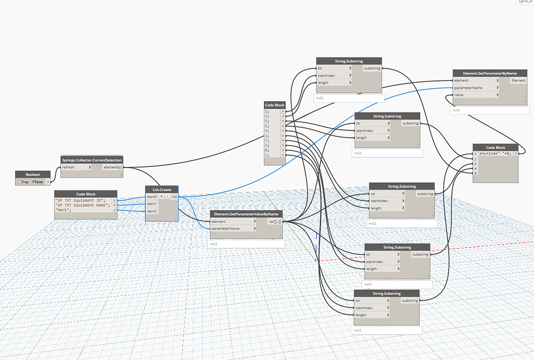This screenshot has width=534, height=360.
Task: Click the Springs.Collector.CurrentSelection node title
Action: (92, 160)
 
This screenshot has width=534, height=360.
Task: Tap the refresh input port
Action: (76, 167)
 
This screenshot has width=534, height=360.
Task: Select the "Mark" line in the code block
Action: (64, 210)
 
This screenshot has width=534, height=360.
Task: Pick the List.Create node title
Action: (162, 189)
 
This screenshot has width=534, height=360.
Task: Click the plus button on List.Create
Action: (162, 197)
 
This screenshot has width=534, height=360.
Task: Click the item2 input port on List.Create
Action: (152, 211)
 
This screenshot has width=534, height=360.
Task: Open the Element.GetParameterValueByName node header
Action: (246, 214)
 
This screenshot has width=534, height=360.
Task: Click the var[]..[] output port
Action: (274, 221)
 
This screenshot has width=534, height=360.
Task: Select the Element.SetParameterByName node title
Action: (486, 73)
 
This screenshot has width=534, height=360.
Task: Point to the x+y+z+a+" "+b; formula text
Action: (495, 154)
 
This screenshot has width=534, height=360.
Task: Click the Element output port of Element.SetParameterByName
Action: (518, 80)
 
